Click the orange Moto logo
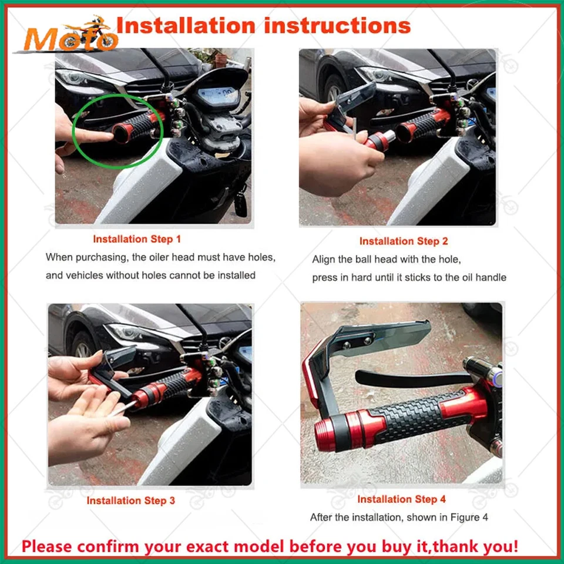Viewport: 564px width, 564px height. tap(68, 35)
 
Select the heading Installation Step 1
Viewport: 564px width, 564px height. tap(137, 239)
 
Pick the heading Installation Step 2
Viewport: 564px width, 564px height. tap(404, 241)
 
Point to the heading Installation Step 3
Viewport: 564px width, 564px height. tap(130, 501)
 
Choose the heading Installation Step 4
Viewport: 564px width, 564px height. tap(401, 499)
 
